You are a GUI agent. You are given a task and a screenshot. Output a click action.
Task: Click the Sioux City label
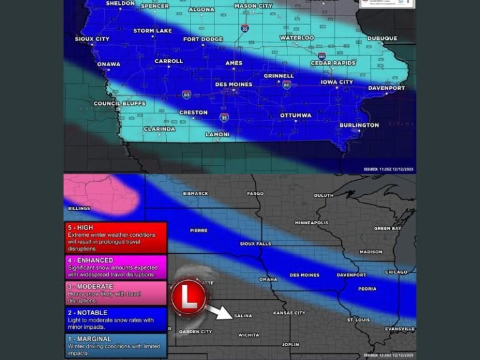click(92, 39)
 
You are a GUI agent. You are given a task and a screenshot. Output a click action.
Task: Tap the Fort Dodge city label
click(202, 39)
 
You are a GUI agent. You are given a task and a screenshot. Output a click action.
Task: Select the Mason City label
click(253, 6)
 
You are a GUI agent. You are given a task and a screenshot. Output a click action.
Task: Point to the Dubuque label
click(382, 38)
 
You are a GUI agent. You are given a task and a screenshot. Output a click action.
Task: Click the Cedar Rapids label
click(333, 63)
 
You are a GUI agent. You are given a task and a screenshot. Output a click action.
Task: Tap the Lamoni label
click(217, 134)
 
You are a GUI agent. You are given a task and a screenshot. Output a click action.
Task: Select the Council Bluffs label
click(115, 103)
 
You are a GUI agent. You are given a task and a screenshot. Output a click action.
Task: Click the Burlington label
click(359, 125)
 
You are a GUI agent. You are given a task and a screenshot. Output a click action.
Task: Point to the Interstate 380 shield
click(321, 56)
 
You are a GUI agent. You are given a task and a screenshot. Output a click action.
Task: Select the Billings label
click(79, 208)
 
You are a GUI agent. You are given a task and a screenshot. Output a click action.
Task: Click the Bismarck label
click(195, 193)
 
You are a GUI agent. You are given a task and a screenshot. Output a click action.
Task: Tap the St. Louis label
click(359, 320)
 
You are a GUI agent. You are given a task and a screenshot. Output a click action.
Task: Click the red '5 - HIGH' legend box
click(115, 237)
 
